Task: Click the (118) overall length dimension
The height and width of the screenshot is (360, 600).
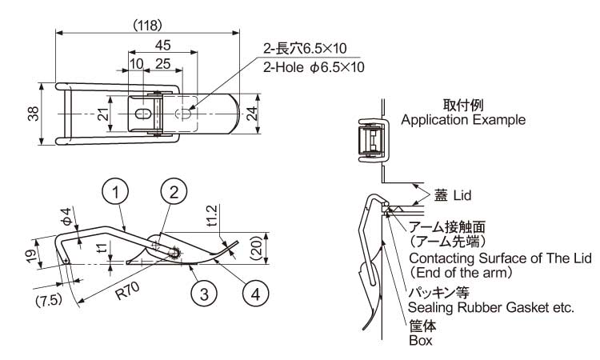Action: (x=147, y=25)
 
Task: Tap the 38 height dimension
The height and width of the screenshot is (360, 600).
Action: (x=32, y=114)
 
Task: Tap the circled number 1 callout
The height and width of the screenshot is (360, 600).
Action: (x=116, y=191)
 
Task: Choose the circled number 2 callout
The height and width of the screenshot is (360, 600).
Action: (x=174, y=191)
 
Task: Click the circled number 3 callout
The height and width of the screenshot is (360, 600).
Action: (x=204, y=294)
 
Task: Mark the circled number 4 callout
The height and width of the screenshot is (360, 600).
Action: (x=254, y=294)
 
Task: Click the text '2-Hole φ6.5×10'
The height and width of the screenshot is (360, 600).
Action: (x=314, y=67)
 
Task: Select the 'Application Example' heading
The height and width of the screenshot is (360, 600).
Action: (x=462, y=120)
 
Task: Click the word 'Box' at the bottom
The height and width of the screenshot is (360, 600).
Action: (x=420, y=341)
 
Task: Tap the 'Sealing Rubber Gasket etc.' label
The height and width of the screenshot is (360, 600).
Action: (x=490, y=307)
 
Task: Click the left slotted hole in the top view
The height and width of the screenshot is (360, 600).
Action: (x=142, y=115)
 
